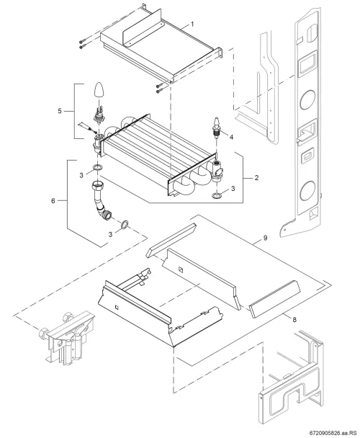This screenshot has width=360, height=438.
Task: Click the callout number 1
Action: (x=192, y=24)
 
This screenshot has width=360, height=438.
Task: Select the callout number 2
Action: (x=256, y=178)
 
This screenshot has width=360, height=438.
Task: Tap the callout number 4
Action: (x=231, y=137)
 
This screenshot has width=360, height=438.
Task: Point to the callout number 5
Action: (x=60, y=111)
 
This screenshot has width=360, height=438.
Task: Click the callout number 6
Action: (x=53, y=200)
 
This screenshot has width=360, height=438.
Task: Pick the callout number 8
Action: (x=294, y=319)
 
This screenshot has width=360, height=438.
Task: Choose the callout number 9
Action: (x=265, y=238)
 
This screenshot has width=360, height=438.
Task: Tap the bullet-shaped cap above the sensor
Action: (x=99, y=90)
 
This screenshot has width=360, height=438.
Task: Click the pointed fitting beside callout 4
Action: (x=217, y=125)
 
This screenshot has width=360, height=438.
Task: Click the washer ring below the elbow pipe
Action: (x=125, y=224)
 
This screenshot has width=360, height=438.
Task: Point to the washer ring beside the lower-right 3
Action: (x=217, y=196)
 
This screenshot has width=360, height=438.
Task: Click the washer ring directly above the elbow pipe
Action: (x=97, y=168)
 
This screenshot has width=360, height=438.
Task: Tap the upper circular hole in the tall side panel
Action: (x=307, y=99)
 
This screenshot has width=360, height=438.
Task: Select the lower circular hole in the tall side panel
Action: (x=307, y=191)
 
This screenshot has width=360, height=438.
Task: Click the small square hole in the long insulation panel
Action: (x=181, y=269)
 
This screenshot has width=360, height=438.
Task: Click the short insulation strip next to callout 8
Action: (x=274, y=299)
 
